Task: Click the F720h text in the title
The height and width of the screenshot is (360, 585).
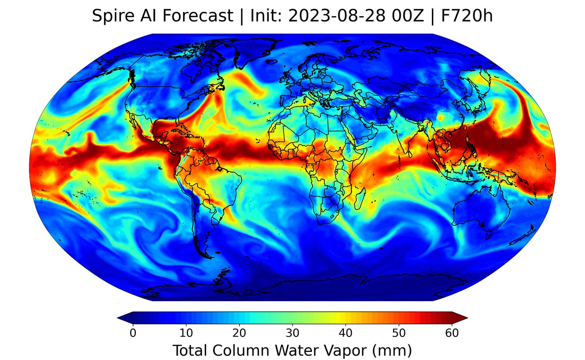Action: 467,16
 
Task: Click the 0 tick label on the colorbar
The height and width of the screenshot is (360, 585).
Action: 133,333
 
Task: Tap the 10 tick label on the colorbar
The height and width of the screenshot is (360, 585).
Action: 186,333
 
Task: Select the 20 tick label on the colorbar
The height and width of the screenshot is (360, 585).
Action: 239,333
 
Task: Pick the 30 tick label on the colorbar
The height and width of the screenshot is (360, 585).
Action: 292,333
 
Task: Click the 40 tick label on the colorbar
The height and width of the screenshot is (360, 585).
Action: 346,333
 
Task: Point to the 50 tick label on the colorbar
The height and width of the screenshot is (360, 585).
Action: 399,333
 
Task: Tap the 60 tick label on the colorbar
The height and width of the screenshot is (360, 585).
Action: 452,333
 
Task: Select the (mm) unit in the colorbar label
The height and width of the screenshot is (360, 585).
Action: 392,350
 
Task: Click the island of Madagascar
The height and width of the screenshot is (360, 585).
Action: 360,197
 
